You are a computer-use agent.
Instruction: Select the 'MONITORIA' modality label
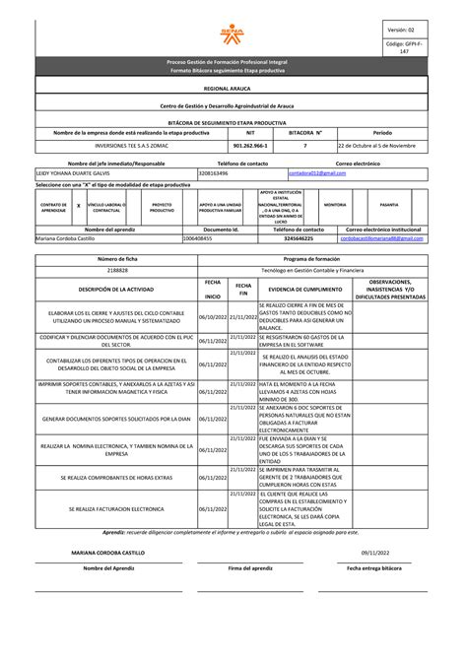[x=335, y=205]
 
